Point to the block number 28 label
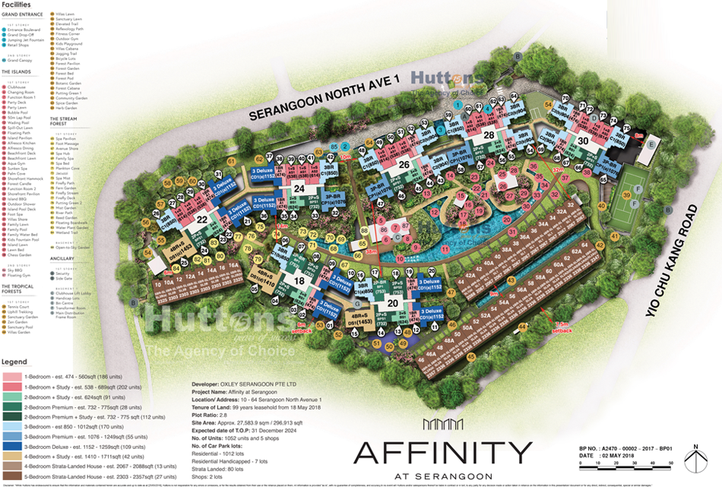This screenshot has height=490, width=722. pos(489,135)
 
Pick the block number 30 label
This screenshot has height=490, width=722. pos(583,141)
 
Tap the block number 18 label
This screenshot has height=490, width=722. pos(299,281)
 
